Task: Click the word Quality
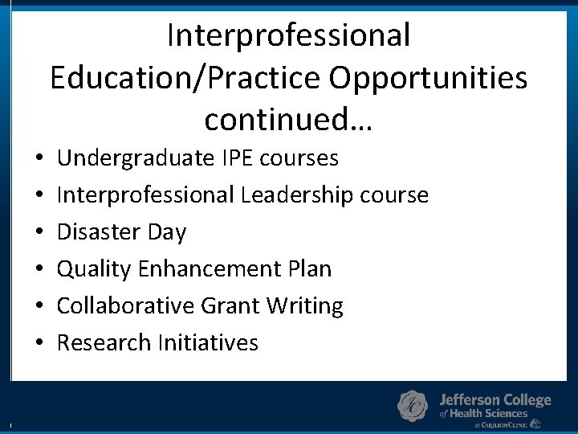tap(95, 268)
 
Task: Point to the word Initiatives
tap(208, 342)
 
